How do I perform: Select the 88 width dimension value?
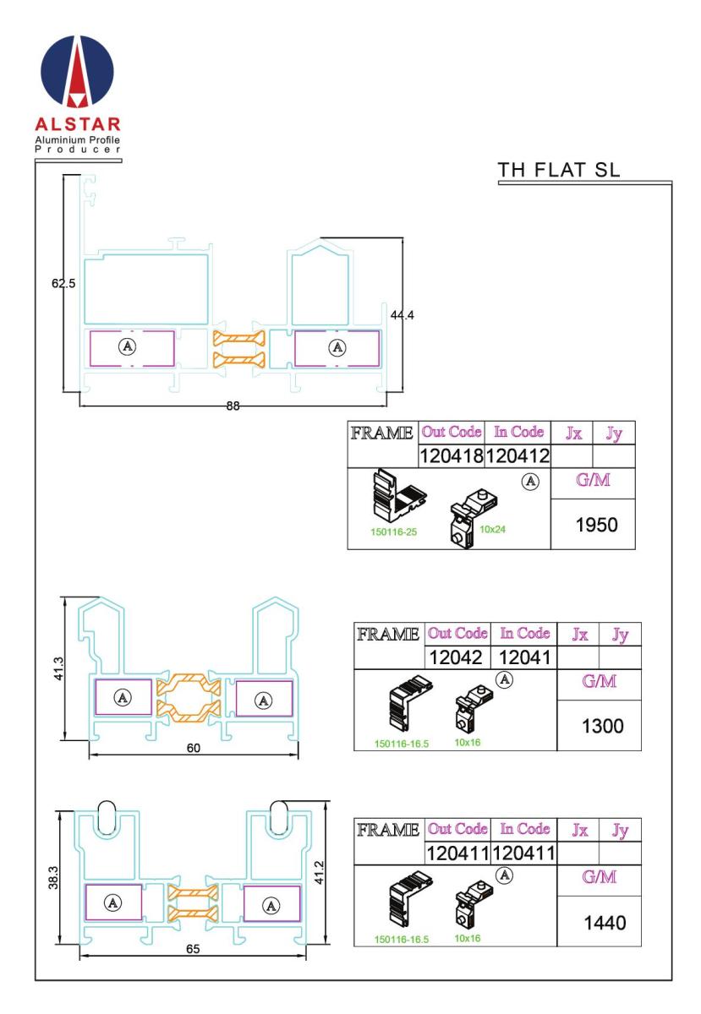click(x=232, y=406)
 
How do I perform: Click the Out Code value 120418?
click(x=451, y=456)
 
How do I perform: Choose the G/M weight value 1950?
click(x=592, y=524)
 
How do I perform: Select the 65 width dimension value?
click(x=193, y=950)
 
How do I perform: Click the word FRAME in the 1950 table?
click(x=382, y=433)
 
